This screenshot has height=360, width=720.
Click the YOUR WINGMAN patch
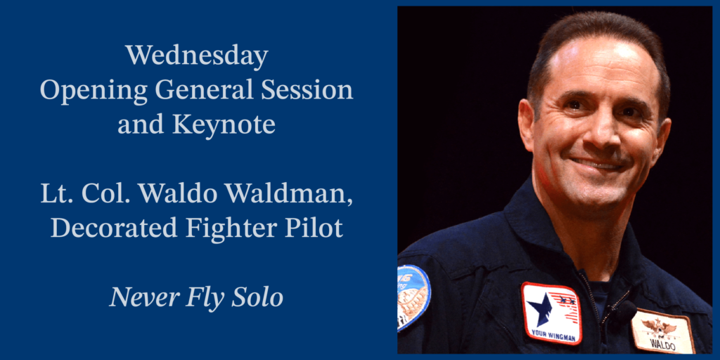coord(551,313)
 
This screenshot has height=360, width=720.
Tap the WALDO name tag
coord(661,333)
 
